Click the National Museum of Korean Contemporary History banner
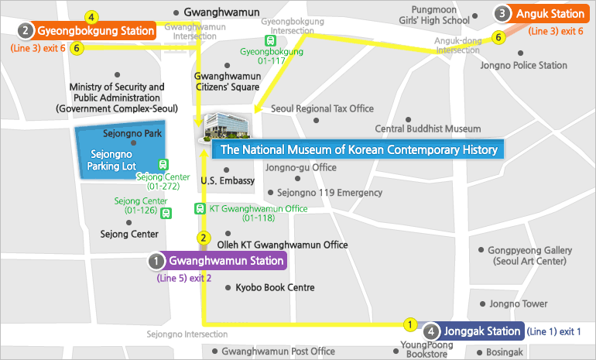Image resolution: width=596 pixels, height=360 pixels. coord(359,149)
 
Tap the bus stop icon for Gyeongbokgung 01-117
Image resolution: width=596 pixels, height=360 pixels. coord(270,40)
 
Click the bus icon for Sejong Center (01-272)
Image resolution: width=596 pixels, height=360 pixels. coord(163,164)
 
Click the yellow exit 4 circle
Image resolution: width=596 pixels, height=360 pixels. coord(92,16)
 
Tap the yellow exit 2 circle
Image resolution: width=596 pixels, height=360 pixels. coord(204,238)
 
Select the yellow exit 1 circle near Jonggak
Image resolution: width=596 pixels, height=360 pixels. coord(411,324)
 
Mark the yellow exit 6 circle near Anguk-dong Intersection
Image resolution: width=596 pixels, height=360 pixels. coord(498,36)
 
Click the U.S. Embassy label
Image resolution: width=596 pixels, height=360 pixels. coord(227,180)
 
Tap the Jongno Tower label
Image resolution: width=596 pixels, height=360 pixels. coord(519,304)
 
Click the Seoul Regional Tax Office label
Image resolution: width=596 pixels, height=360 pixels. coord(323,108)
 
